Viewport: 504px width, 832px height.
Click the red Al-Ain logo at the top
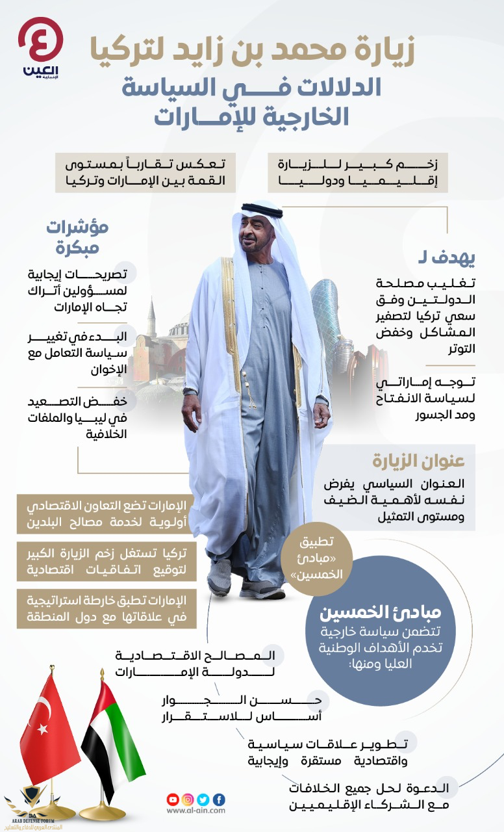(41, 44)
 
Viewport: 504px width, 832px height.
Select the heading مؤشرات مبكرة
(77, 237)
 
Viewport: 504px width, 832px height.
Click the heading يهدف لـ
(455, 258)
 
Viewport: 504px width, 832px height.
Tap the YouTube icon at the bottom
(173, 799)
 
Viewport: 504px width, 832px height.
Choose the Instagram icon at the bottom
(188, 799)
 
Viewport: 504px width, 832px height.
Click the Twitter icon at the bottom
(203, 799)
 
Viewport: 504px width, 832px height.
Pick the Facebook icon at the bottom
(219, 799)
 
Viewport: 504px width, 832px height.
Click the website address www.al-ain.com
(195, 811)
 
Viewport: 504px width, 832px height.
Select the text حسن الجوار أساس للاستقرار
(241, 708)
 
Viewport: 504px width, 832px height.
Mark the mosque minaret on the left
(151, 318)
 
